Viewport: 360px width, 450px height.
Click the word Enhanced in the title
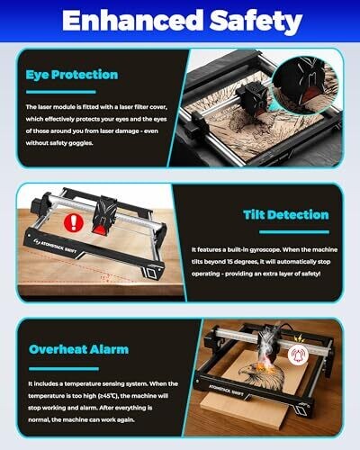click(132, 21)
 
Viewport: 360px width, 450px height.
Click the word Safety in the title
click(256, 22)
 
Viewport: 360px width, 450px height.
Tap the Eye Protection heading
click(72, 75)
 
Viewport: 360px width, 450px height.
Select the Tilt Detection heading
click(286, 215)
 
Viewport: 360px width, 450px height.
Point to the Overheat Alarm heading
click(78, 349)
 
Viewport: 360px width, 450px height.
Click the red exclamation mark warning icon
click(74, 222)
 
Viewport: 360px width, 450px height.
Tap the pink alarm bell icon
click(298, 355)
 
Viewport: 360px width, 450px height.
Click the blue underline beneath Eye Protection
click(61, 92)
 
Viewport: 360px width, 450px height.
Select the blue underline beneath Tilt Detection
click(294, 232)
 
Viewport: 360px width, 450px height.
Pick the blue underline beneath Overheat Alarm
click(64, 369)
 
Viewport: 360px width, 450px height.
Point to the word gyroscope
click(265, 250)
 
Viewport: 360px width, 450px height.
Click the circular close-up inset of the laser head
click(306, 85)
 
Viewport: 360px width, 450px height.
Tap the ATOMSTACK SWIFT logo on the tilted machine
click(56, 246)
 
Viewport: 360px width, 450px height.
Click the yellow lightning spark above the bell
click(298, 339)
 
